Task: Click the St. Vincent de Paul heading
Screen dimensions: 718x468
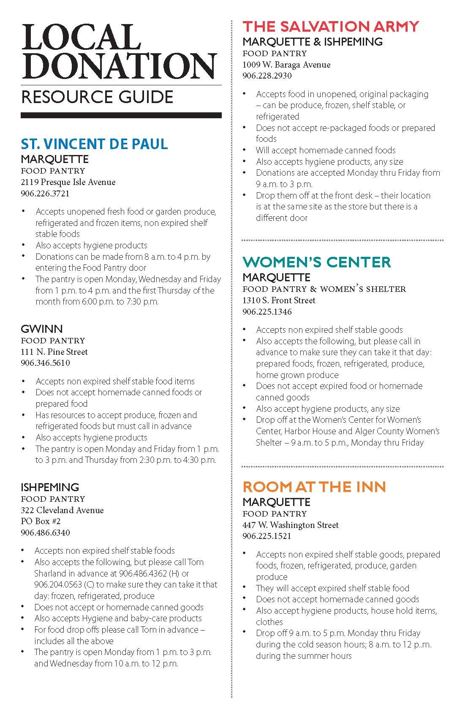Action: [x=94, y=144]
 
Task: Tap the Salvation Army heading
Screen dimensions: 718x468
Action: [x=331, y=26]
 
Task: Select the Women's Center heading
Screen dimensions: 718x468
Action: [x=317, y=262]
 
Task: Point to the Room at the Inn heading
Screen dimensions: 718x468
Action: [x=314, y=487]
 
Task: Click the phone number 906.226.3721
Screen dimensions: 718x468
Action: [x=45, y=194]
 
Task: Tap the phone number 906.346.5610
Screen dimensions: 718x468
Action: [x=45, y=363]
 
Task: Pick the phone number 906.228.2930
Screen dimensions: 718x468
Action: [x=267, y=76]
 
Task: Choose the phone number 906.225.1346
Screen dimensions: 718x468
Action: [x=267, y=312]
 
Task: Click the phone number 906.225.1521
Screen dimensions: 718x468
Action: [x=267, y=536]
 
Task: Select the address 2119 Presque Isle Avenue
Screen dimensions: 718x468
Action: [x=68, y=182]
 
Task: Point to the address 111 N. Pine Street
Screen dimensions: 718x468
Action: [x=54, y=352]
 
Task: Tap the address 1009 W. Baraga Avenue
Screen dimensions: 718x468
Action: [x=286, y=65]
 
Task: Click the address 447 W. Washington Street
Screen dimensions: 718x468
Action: [x=291, y=525]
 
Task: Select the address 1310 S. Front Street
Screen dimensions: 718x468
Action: [x=279, y=300]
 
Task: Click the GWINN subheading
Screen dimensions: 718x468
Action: [x=41, y=329]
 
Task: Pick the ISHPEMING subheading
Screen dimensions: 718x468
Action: [x=50, y=487]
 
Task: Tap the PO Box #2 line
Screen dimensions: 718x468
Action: [x=41, y=521]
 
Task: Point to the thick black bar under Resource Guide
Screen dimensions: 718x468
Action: [x=121, y=115]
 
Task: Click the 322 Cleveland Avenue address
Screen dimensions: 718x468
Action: [x=62, y=510]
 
